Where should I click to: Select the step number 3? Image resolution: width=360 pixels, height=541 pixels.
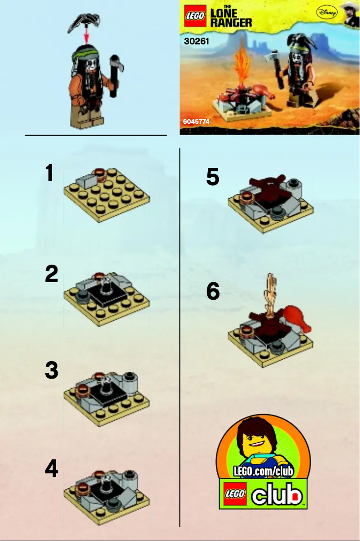coord(52,371)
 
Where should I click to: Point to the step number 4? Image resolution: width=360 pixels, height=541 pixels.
coord(52,469)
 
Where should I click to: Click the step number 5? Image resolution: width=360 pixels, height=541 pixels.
coord(213,177)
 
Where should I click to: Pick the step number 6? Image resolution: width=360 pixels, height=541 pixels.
coord(213,292)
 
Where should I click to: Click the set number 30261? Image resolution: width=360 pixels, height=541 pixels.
coord(197,42)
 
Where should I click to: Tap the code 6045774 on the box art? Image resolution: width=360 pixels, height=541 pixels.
coord(196,122)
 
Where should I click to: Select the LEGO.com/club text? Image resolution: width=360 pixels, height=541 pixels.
coord(263,471)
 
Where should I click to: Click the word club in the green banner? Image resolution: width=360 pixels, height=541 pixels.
coord(277,495)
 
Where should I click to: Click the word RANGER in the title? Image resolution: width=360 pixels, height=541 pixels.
coord(231,22)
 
